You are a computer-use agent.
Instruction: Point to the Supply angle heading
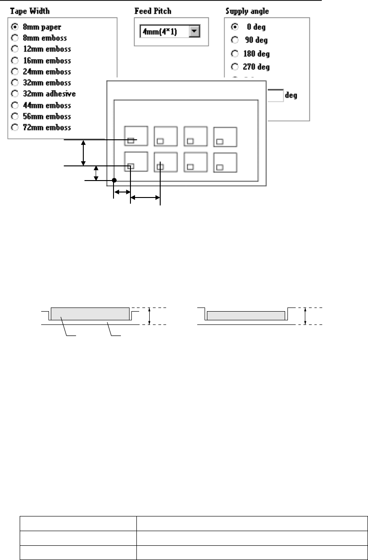coord(247,11)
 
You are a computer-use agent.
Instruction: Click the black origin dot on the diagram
coord(114,181)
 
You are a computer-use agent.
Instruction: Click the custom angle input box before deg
coord(275,96)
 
